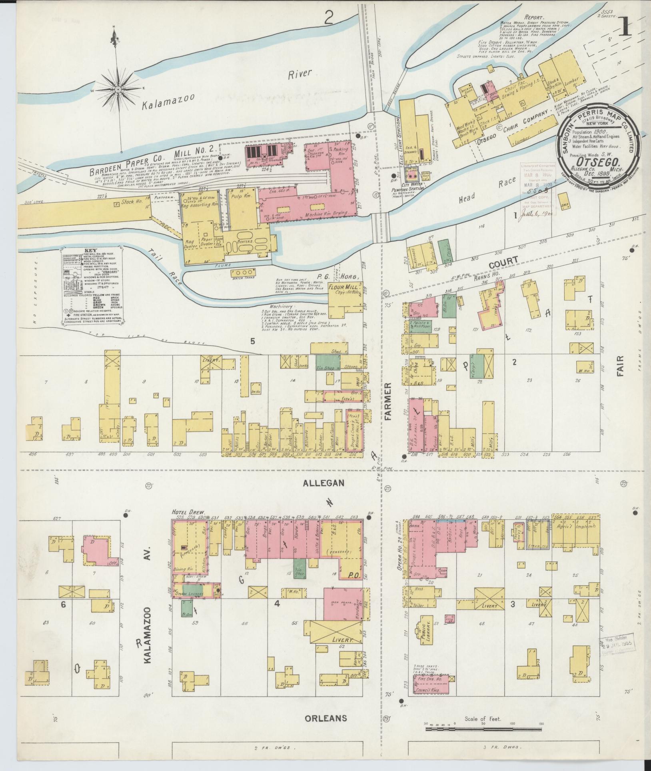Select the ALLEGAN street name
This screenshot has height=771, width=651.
tap(324, 483)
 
